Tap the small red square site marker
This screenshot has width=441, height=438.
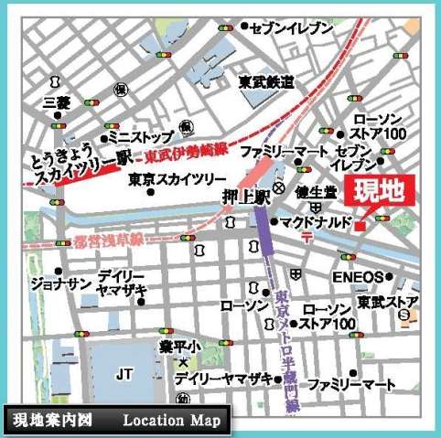[361, 225]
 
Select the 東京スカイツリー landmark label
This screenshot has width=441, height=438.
[172, 180]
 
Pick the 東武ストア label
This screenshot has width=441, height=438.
[389, 301]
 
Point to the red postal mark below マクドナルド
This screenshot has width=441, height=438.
[307, 237]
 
